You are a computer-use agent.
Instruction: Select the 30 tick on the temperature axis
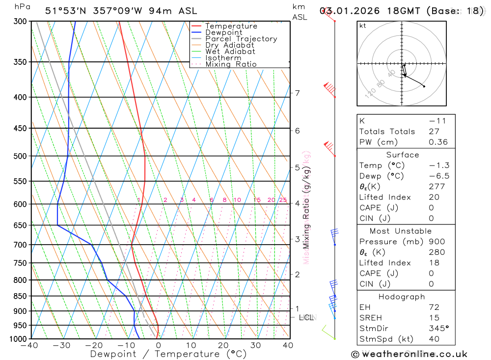click(255, 345)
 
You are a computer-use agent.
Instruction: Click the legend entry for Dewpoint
click(223, 32)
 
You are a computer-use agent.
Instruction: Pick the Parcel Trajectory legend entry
click(241, 39)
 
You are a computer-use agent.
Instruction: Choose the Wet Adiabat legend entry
click(230, 52)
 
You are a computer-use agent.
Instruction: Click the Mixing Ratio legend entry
click(231, 64)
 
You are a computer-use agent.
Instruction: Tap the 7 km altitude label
click(297, 93)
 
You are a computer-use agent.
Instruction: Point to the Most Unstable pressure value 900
click(437, 242)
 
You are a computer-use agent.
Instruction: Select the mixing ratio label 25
click(283, 200)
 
